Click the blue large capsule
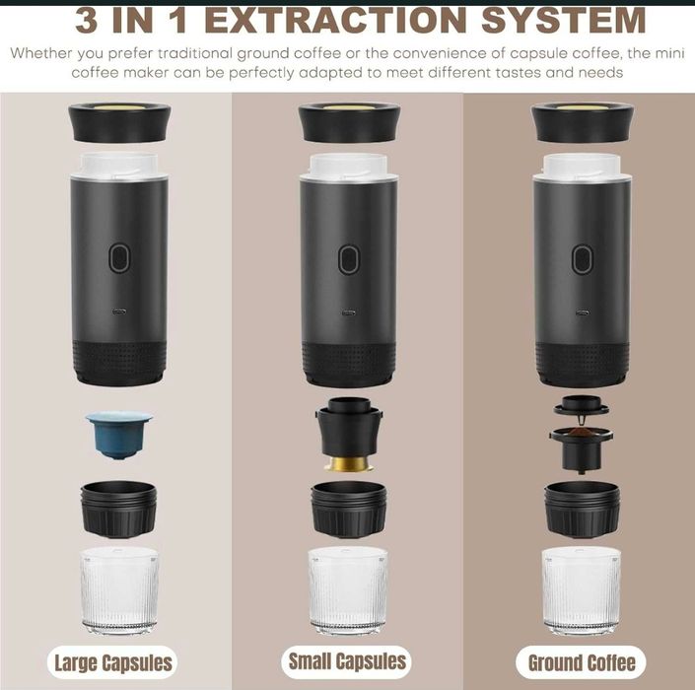118,435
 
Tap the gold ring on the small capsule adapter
348,463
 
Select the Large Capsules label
112,663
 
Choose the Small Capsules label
347,661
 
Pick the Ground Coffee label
581,663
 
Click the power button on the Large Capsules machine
119,257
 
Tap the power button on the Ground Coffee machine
582,259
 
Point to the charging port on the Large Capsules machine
119,311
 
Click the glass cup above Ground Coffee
581,591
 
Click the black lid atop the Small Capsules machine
349,122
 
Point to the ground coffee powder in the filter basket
581,432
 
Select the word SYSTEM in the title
564,21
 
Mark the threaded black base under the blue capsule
118,510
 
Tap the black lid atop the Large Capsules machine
119,122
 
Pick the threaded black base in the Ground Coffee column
582,510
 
